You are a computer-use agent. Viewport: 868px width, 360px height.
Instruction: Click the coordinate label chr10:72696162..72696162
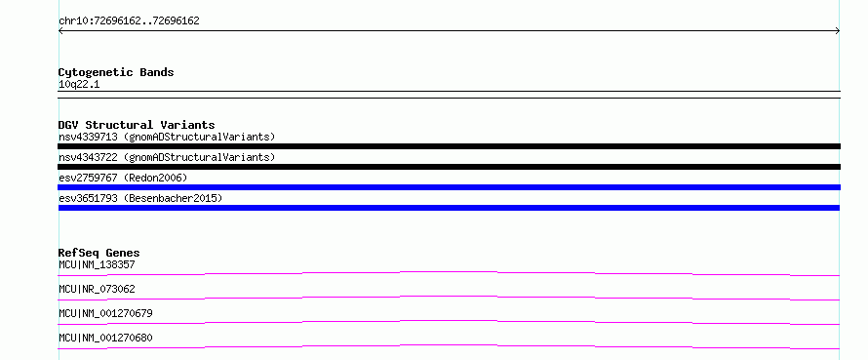pos(129,21)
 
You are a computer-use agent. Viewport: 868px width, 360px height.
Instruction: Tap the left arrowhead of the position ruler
pos(60,31)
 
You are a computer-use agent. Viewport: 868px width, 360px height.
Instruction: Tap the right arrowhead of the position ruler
pos(838,31)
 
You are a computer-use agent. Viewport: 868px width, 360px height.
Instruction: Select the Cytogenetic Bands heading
pos(116,72)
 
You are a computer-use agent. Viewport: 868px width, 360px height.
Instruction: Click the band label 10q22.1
pos(79,85)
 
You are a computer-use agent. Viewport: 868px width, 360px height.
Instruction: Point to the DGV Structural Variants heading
pos(137,125)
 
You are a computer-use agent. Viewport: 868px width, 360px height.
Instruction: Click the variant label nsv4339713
pos(88,137)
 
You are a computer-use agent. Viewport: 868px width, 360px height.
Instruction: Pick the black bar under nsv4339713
pos(449,146)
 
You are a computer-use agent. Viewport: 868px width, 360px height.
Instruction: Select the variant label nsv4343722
pos(88,157)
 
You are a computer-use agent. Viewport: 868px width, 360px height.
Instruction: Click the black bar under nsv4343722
pos(449,167)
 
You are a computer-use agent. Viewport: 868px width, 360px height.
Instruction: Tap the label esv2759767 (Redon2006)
pos(123,178)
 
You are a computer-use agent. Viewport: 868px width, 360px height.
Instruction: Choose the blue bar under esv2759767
pos(449,187)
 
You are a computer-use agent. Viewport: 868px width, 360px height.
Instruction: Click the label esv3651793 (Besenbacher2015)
pos(140,198)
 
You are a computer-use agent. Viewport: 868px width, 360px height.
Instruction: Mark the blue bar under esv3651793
pos(449,208)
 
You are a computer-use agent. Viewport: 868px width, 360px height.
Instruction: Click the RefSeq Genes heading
pos(99,253)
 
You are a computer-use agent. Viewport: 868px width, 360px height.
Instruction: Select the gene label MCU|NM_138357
pos(97,264)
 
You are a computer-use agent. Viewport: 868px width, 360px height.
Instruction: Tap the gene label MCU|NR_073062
pos(97,289)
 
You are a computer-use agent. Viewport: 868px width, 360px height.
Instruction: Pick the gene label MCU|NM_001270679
pos(105,313)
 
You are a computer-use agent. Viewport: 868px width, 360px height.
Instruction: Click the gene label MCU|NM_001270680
pos(105,338)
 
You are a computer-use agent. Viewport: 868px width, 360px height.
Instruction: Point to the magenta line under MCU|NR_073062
pos(449,297)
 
